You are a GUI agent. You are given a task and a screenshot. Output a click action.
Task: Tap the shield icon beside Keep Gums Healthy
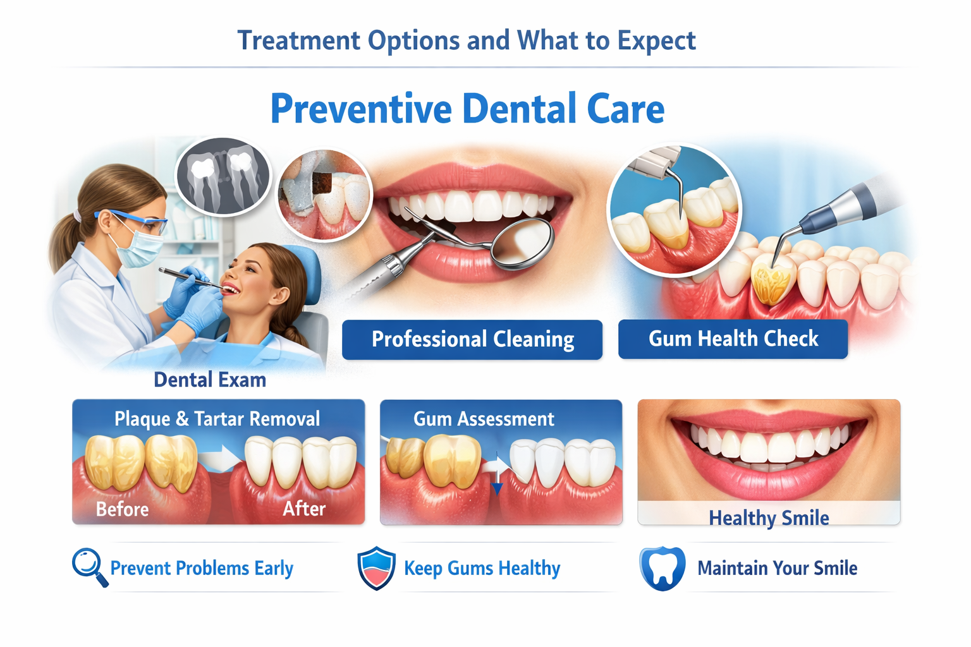pyautogui.click(x=376, y=568)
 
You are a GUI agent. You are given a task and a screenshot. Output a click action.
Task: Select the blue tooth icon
pyautogui.click(x=662, y=568)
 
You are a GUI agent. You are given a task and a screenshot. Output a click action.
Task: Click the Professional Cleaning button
pyautogui.click(x=472, y=339)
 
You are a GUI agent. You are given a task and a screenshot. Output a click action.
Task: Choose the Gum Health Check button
pyautogui.click(x=733, y=339)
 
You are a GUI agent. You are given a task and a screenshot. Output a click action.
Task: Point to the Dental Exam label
pyautogui.click(x=210, y=380)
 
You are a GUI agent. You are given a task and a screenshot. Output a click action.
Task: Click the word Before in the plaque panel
pyautogui.click(x=122, y=509)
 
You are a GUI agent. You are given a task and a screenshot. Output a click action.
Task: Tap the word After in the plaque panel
pyautogui.click(x=304, y=509)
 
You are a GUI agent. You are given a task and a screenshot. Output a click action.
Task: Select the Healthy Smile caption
pyautogui.click(x=769, y=518)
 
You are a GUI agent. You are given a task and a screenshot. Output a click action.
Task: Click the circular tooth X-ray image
pyautogui.click(x=223, y=176)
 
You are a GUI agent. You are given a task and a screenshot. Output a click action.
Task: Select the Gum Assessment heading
pyautogui.click(x=484, y=419)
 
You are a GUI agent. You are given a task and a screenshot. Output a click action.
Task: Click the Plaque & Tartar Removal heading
pyautogui.click(x=217, y=419)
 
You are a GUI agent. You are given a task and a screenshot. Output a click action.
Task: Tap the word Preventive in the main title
pyautogui.click(x=361, y=109)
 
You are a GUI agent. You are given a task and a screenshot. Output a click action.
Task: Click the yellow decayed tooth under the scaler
pyautogui.click(x=771, y=281)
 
